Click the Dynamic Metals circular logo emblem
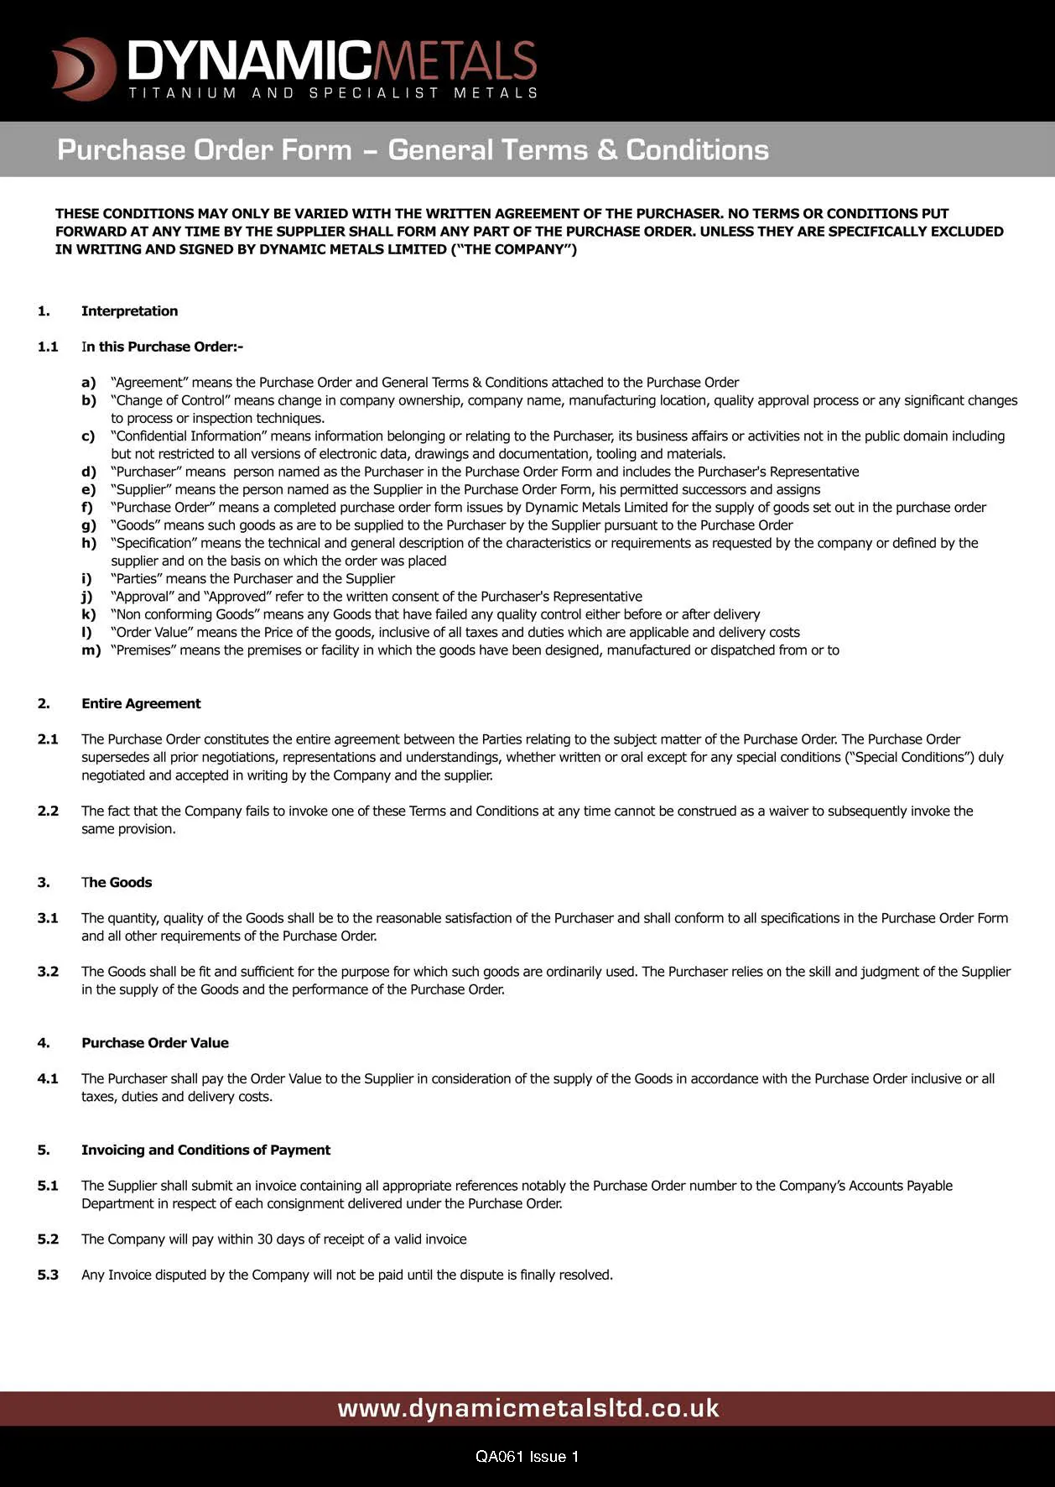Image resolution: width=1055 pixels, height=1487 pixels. [x=83, y=68]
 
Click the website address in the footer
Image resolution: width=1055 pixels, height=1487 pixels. [x=528, y=1407]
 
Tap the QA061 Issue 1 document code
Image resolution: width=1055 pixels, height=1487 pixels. [x=527, y=1456]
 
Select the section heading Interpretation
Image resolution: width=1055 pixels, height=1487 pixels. [x=129, y=311]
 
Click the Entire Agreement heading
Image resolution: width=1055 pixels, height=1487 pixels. [x=141, y=703]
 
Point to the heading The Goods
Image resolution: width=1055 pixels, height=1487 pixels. [x=117, y=882]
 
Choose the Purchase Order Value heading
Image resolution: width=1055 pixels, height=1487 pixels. [x=155, y=1042]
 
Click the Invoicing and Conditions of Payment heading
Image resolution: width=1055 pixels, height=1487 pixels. [x=205, y=1150]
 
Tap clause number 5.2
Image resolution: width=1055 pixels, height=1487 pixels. [x=48, y=1239]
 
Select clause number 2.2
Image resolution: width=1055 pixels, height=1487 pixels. [x=48, y=811]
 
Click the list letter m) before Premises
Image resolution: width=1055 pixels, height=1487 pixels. [x=91, y=650]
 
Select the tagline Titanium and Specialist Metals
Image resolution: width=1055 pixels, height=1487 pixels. [x=333, y=92]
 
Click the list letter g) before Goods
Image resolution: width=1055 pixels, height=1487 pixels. [x=89, y=525]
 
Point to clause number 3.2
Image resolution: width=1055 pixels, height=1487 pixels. [x=48, y=971]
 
